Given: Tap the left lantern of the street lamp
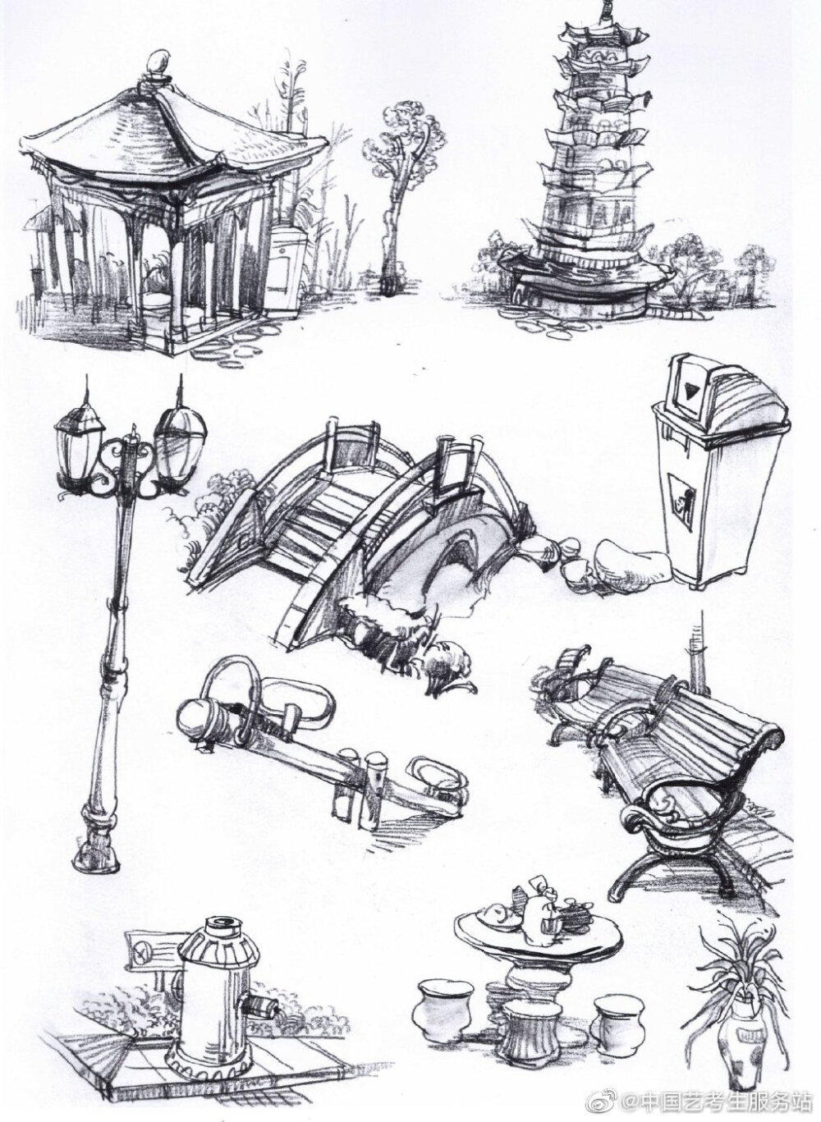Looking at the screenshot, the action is pyautogui.click(x=79, y=446).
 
